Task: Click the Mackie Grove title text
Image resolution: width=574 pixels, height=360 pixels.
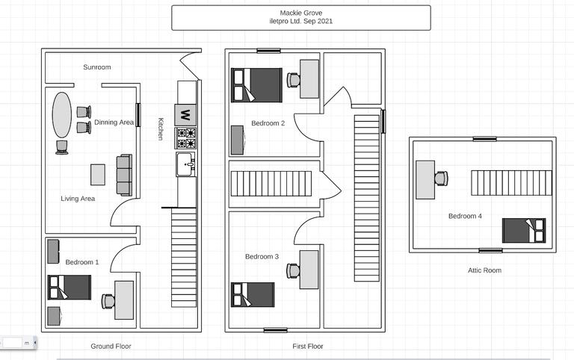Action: (x=301, y=13)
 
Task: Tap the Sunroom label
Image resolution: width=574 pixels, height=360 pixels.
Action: (x=97, y=67)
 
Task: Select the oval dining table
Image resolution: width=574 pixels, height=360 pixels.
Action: (x=62, y=115)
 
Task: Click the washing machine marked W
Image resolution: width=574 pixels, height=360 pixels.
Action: (x=185, y=115)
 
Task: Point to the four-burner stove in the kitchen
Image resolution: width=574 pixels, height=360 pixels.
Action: (x=185, y=138)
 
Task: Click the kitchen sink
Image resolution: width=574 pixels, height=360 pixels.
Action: (x=185, y=164)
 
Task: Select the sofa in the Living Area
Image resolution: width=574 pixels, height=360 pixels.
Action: (x=124, y=175)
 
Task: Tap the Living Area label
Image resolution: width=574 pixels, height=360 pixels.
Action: (x=78, y=199)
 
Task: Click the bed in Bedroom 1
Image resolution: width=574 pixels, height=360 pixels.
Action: (x=69, y=287)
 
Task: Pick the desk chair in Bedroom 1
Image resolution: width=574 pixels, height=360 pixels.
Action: (x=108, y=301)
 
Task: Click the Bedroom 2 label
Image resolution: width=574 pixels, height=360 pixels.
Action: (x=268, y=123)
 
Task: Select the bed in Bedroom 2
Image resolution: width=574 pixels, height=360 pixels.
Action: (x=256, y=85)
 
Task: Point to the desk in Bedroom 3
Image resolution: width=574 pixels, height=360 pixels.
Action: (x=309, y=270)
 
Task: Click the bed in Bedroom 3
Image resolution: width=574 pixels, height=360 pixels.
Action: (x=253, y=294)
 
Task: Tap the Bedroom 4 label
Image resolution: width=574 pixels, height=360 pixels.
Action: (x=465, y=217)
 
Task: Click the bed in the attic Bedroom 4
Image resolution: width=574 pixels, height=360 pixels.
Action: (x=523, y=230)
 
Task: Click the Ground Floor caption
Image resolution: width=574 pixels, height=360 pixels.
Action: (x=111, y=347)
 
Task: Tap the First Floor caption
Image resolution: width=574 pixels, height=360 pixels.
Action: (x=307, y=347)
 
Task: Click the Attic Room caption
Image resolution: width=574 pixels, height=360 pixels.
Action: (x=482, y=270)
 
